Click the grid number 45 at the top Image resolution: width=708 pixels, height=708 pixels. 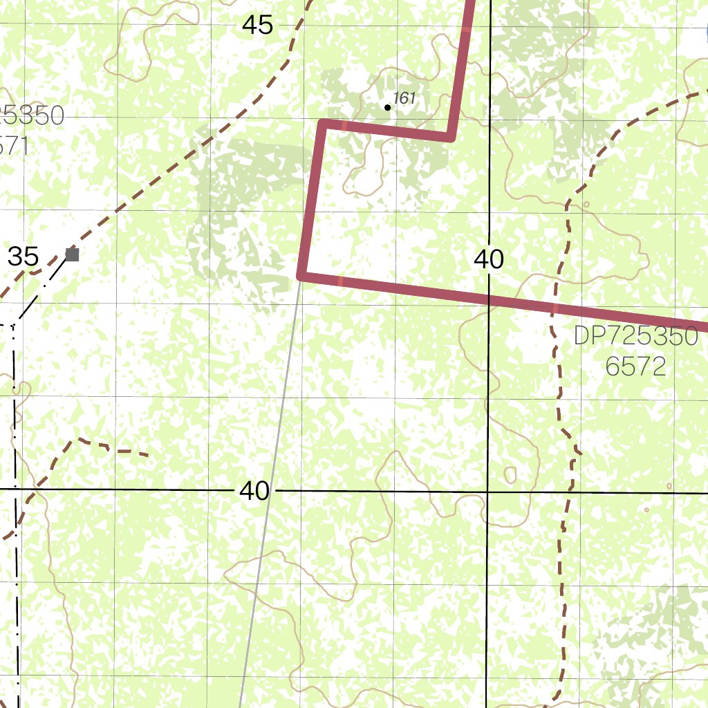[x=258, y=26]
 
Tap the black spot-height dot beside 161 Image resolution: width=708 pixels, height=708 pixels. [x=387, y=107]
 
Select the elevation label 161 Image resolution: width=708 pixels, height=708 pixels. [x=404, y=98]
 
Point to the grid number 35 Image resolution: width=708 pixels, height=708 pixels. [x=23, y=257]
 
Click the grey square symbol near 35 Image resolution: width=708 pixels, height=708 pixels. [x=72, y=254]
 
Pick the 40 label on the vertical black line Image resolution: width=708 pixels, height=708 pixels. [x=489, y=259]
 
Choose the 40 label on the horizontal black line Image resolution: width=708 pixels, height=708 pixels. [x=254, y=491]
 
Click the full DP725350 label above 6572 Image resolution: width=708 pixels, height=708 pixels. [x=635, y=337]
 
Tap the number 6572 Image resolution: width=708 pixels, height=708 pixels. [x=635, y=366]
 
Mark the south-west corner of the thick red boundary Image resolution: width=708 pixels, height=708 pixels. [x=301, y=276]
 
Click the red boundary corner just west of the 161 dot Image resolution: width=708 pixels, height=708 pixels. [x=324, y=124]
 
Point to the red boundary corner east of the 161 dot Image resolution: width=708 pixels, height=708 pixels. [x=450, y=137]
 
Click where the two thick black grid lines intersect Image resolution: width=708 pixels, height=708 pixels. [x=487, y=492]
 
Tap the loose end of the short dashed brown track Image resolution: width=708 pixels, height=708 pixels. [x=147, y=454]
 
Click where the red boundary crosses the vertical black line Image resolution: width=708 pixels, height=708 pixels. [x=488, y=299]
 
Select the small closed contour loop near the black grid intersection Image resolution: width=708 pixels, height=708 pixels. [x=510, y=475]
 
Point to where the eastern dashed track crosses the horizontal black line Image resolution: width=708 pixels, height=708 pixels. [x=569, y=492]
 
